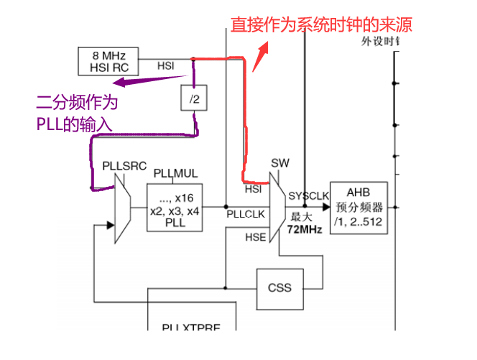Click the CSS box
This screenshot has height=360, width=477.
pos(279,287)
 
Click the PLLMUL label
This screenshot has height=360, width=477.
pos(175,174)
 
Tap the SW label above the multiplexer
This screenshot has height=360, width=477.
pos(280,163)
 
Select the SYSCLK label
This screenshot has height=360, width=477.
pos(308,195)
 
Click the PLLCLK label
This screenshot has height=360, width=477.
pos(246,214)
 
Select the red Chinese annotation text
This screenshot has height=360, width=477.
pos(320,25)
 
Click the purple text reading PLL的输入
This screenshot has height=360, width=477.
pos(74,124)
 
